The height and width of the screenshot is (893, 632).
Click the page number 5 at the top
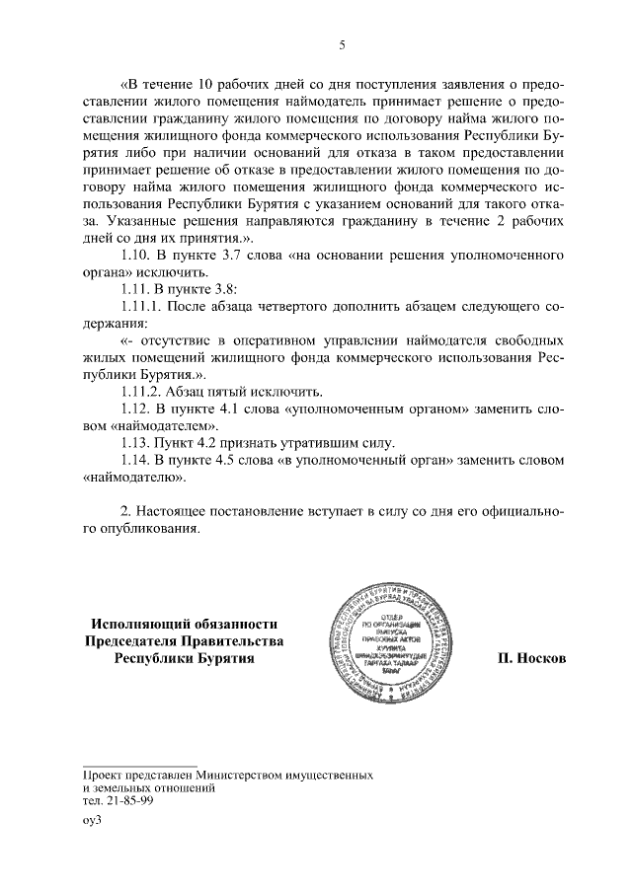(x=342, y=45)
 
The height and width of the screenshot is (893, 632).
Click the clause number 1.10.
(x=135, y=255)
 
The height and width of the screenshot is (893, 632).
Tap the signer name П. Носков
(x=531, y=658)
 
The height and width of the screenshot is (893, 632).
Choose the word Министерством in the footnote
(x=253, y=776)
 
